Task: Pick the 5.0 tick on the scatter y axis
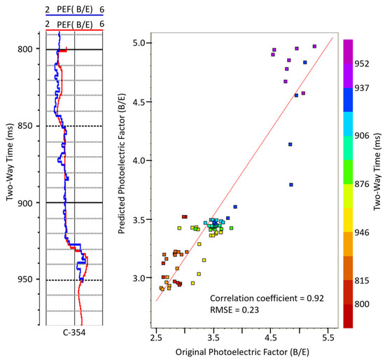coord(140,43)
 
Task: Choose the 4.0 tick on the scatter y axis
coord(140,160)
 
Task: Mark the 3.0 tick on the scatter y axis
coord(140,278)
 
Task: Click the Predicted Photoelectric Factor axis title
coord(122,175)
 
